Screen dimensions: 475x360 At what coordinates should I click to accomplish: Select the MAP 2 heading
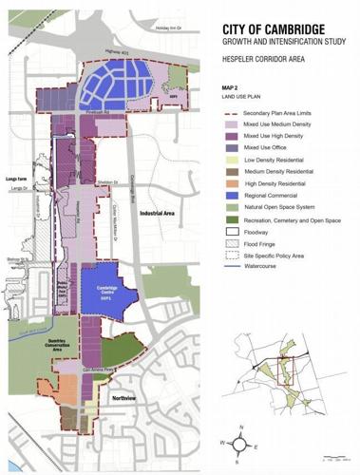pyautogui.click(x=233, y=86)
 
